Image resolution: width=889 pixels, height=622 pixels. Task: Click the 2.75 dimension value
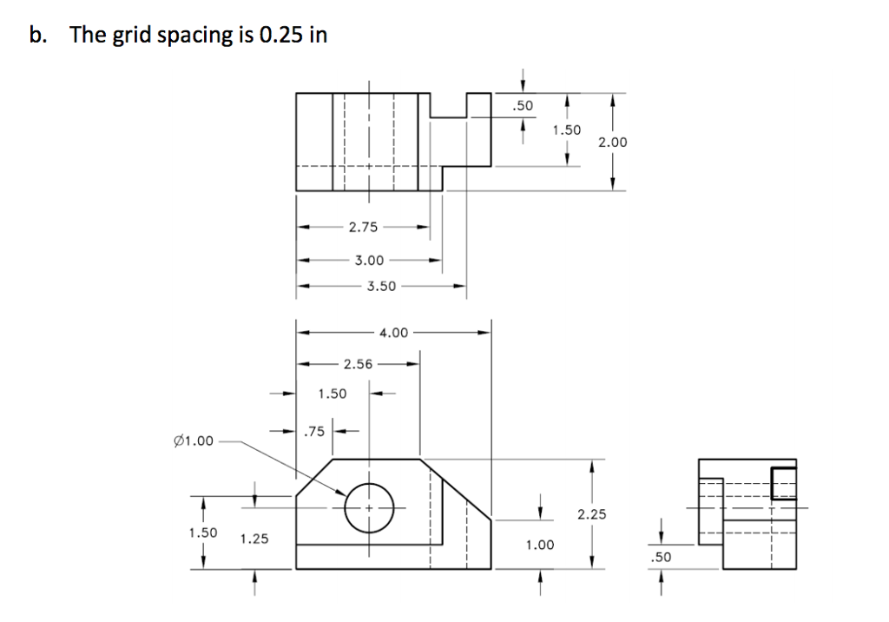363,228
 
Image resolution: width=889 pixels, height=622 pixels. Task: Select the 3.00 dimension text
369,260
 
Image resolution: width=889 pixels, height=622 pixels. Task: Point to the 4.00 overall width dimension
393,332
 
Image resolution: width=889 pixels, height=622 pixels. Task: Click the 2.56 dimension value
359,364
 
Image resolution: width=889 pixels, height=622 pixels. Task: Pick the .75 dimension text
315,430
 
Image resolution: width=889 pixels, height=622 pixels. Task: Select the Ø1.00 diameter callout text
194,440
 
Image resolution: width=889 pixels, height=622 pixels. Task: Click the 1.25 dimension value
254,539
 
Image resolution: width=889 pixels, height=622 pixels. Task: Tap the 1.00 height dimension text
539,545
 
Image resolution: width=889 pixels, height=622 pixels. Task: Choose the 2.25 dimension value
592,514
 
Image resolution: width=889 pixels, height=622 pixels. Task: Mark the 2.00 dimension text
613,141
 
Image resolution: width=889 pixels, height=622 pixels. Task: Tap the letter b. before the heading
36,36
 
